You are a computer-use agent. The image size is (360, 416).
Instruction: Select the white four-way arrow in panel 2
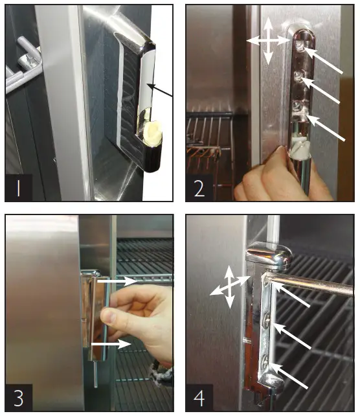(x=267, y=40)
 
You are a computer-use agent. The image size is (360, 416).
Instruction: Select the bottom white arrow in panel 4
(x=292, y=379)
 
